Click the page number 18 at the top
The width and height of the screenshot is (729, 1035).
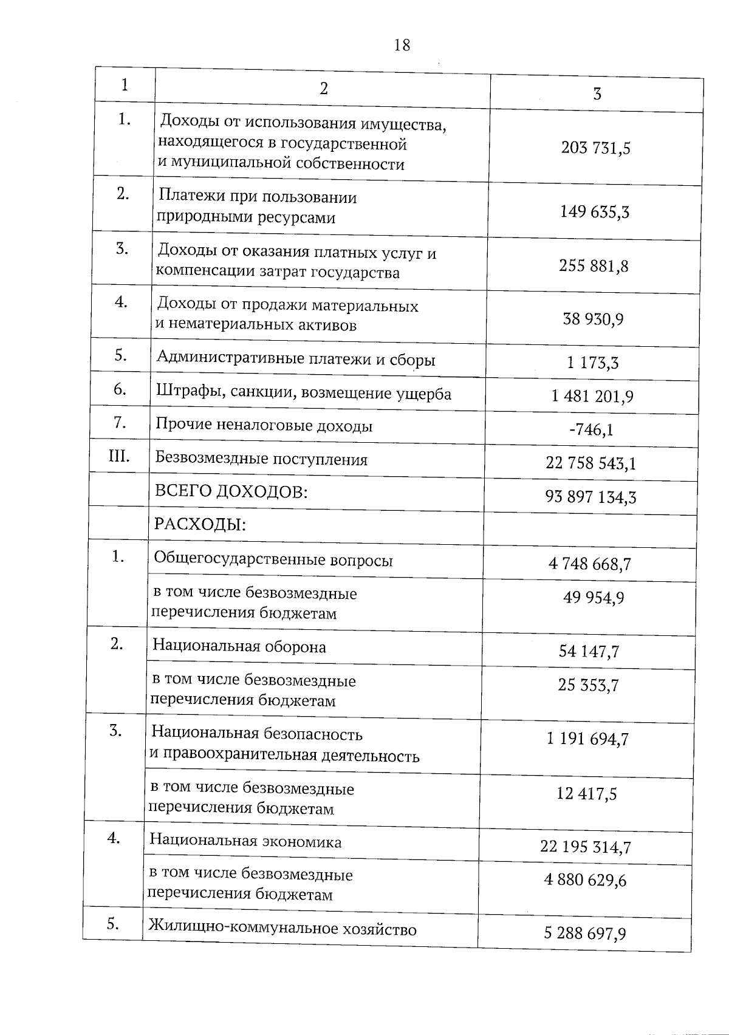[x=402, y=45]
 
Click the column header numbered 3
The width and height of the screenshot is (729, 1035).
[x=597, y=94]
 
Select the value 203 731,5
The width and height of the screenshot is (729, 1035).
[x=595, y=148]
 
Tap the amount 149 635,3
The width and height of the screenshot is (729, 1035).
[x=594, y=212]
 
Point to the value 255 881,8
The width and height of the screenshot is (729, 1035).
[x=594, y=266]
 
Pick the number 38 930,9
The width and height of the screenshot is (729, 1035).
[x=593, y=319]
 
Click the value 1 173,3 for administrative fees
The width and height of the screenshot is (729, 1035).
[x=592, y=363]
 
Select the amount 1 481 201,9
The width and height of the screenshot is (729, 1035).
[x=592, y=397]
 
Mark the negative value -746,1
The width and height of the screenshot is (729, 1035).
[x=591, y=430]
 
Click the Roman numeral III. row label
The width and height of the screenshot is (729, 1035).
[x=119, y=456]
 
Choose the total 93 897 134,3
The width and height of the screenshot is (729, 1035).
[x=590, y=497]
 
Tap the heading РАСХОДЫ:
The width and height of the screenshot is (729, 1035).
[x=200, y=524]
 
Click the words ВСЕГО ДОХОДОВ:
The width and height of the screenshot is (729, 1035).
[x=231, y=491]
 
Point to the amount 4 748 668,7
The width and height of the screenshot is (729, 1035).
[x=589, y=564]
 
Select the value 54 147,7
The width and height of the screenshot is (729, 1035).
[x=589, y=652]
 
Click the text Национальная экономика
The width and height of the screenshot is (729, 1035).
[x=245, y=842]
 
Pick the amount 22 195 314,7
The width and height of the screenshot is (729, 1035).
[x=586, y=847]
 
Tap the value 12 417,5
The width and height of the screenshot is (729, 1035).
[x=586, y=794]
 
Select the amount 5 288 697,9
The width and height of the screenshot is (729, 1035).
[x=585, y=933]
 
